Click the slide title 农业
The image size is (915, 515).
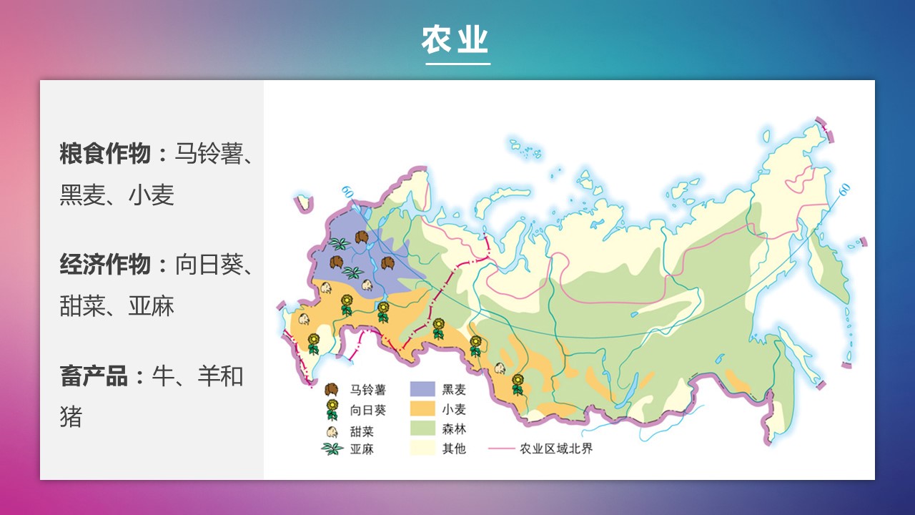click(x=455, y=39)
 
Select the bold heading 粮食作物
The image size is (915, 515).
click(x=105, y=154)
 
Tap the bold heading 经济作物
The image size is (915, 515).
click(x=105, y=265)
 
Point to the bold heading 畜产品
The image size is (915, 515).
click(x=94, y=376)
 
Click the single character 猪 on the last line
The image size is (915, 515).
click(x=71, y=416)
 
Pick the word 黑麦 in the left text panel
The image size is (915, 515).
click(x=82, y=195)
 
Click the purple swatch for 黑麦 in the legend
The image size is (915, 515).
click(x=422, y=389)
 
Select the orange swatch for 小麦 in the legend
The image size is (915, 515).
click(x=422, y=408)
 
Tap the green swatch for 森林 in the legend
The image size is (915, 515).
click(x=422, y=428)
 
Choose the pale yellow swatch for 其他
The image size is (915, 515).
click(x=422, y=448)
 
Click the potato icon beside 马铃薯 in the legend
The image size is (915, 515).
click(x=332, y=390)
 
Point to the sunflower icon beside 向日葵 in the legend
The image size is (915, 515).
click(x=332, y=410)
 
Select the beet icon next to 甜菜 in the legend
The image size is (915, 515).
click(x=332, y=431)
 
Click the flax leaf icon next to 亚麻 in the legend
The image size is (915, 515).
click(x=332, y=448)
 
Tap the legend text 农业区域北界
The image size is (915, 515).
click(x=556, y=448)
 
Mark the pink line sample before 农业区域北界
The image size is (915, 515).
click(x=501, y=448)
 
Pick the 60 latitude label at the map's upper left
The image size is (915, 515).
click(x=347, y=191)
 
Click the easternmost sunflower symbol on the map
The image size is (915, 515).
click(x=518, y=384)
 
